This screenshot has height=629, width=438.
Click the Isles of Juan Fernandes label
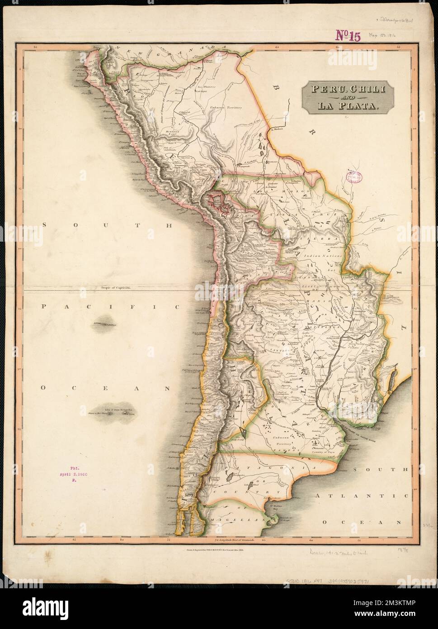pyautogui.click(x=118, y=410)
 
